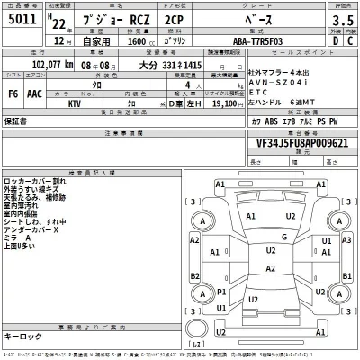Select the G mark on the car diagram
tap(285, 237)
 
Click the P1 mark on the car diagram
tap(222, 293)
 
